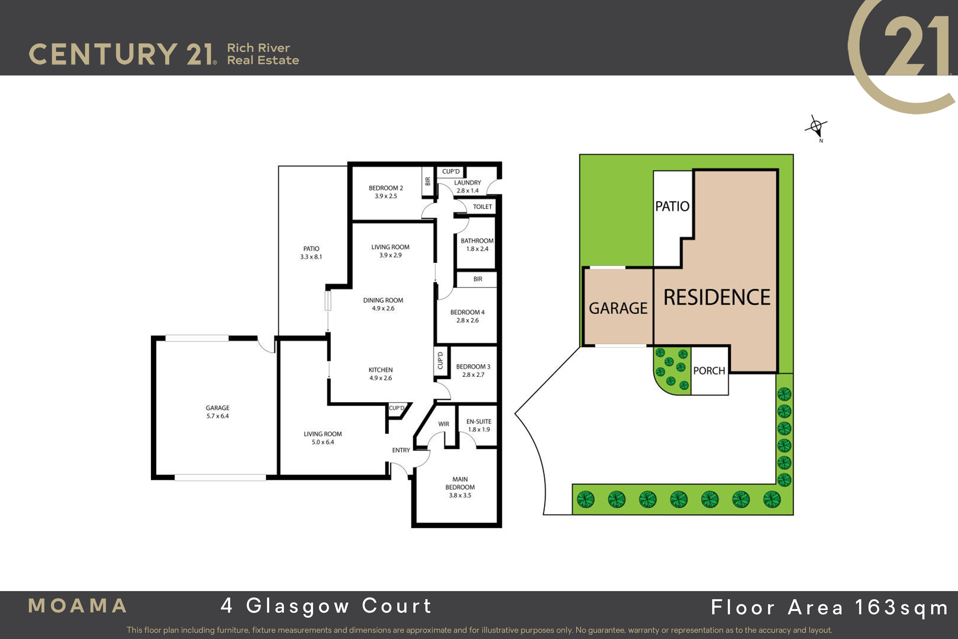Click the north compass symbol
[x=816, y=127]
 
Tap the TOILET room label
[x=482, y=207]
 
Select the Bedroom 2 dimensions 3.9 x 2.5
[x=386, y=196]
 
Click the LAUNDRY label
[x=468, y=183]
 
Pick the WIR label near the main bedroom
[x=444, y=424]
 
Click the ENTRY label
[x=401, y=450]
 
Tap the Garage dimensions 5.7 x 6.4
[x=217, y=416]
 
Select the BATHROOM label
[x=477, y=241]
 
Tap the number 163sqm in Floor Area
[x=901, y=608]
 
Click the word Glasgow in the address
[x=298, y=606]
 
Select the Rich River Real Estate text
[x=263, y=54]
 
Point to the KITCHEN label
[x=380, y=370]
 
